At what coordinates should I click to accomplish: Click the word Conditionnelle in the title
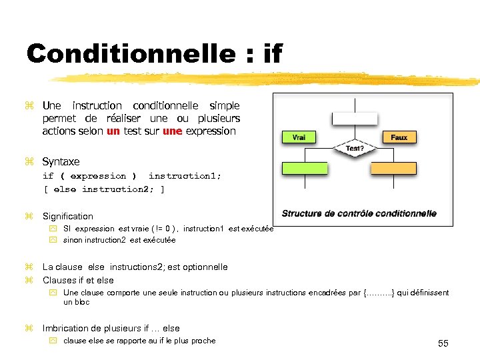point(129,53)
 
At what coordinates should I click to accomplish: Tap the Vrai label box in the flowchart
point(299,137)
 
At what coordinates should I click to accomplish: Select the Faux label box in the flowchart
point(399,137)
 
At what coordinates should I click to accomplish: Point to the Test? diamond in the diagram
point(355,147)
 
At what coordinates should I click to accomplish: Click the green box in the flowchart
point(305,169)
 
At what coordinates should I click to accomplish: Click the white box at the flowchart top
point(355,118)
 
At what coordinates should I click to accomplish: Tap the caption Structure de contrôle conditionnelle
point(359,213)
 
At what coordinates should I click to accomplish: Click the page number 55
point(443,343)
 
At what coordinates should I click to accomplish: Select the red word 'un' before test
point(113,131)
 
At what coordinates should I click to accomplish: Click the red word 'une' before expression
point(172,131)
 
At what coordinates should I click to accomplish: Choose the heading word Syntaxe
point(61,162)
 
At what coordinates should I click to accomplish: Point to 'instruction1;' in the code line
point(185,176)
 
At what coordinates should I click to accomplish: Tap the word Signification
point(68,217)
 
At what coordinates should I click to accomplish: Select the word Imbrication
point(69,329)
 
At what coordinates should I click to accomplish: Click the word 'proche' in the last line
point(202,341)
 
